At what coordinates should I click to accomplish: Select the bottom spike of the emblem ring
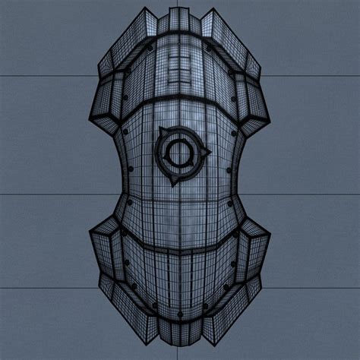coord(174,183)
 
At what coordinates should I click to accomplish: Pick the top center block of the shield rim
coord(180,21)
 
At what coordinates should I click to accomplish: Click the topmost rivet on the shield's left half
coord(151,47)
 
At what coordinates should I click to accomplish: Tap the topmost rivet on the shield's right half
coord(210,47)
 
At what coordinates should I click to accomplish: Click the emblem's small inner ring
coord(180,151)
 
